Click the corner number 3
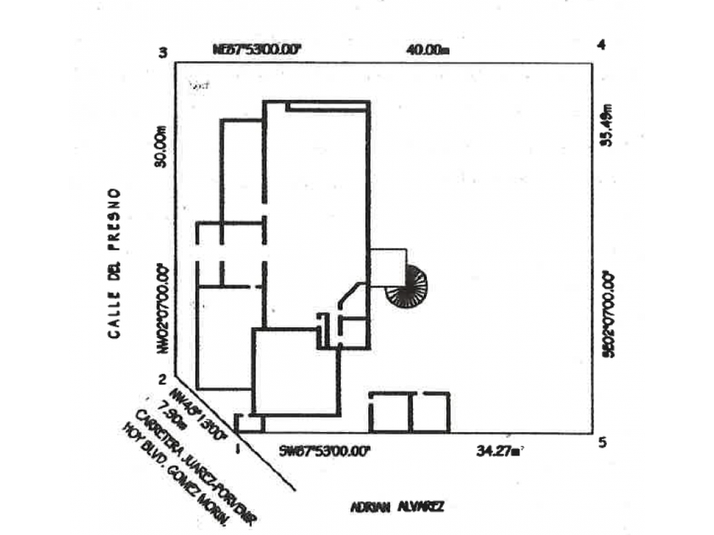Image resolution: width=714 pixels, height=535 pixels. tap(163, 53)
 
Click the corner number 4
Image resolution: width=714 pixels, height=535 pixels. tap(601, 44)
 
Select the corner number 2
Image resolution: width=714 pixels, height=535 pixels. tap(162, 380)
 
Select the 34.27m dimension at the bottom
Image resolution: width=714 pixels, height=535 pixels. tap(499, 451)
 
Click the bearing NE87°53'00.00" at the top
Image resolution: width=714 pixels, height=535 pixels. tap(258, 49)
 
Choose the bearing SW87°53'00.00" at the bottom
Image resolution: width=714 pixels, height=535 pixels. tap(326, 451)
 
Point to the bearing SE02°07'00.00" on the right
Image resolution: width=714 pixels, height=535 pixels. tap(607, 315)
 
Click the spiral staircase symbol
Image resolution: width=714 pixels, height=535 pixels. tap(404, 285)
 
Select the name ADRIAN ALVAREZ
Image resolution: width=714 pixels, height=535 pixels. tap(396, 507)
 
